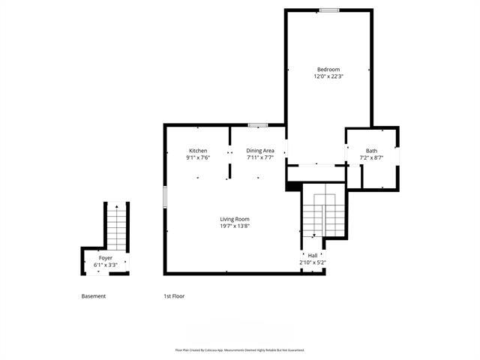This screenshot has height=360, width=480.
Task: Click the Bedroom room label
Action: [x=328, y=69]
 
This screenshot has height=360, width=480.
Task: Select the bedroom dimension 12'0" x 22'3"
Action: [x=328, y=76]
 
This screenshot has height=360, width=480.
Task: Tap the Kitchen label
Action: [x=198, y=151]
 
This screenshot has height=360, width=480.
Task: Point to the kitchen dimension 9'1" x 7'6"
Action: [x=198, y=157]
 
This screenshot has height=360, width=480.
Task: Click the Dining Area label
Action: [x=260, y=151]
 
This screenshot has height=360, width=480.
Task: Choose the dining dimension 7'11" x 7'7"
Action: [x=260, y=157]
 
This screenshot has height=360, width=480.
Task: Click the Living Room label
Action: [x=234, y=219]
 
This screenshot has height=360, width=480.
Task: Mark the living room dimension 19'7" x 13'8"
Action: [x=234, y=226]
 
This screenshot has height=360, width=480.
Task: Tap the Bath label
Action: [x=372, y=151]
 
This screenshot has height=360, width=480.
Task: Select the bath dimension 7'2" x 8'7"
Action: [x=372, y=157]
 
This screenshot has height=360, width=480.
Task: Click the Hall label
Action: [x=312, y=256]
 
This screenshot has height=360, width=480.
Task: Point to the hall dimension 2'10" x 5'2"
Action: [x=312, y=262]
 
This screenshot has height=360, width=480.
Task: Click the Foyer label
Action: [x=105, y=258]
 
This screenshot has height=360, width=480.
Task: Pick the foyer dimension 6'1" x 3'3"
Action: [x=105, y=265]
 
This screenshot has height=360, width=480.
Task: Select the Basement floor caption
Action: [x=94, y=296]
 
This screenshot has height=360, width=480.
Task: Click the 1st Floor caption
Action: [x=174, y=296]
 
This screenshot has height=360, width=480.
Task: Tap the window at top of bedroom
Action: [x=328, y=10]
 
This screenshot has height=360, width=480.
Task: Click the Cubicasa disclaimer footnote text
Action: [x=239, y=349]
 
